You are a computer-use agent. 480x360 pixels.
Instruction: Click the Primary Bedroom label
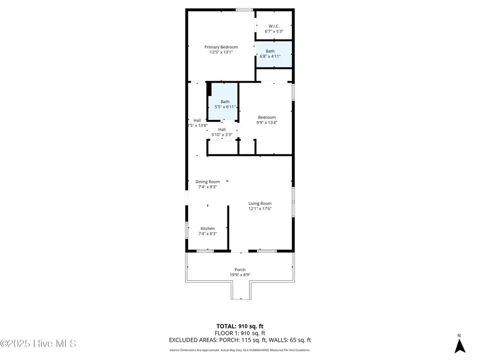click(221, 47)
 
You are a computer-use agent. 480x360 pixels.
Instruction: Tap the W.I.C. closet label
click(274, 26)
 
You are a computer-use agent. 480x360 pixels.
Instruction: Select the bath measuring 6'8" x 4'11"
click(274, 54)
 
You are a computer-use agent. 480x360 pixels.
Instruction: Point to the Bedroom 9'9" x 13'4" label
click(267, 120)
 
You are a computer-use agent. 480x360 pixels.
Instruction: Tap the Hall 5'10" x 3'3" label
click(222, 132)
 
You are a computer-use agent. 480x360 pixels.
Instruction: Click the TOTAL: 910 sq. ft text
click(239, 325)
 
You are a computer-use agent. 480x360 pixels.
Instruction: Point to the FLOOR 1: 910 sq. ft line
click(239, 333)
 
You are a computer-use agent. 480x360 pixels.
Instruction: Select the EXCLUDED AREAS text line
click(239, 340)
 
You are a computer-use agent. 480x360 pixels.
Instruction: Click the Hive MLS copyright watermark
click(38, 343)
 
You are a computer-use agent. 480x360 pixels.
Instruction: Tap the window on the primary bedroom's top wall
click(244, 10)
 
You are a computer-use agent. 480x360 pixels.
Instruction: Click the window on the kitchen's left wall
click(186, 230)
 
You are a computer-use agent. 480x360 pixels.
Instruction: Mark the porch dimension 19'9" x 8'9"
click(239, 275)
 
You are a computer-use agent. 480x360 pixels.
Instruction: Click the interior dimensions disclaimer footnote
click(239, 350)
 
